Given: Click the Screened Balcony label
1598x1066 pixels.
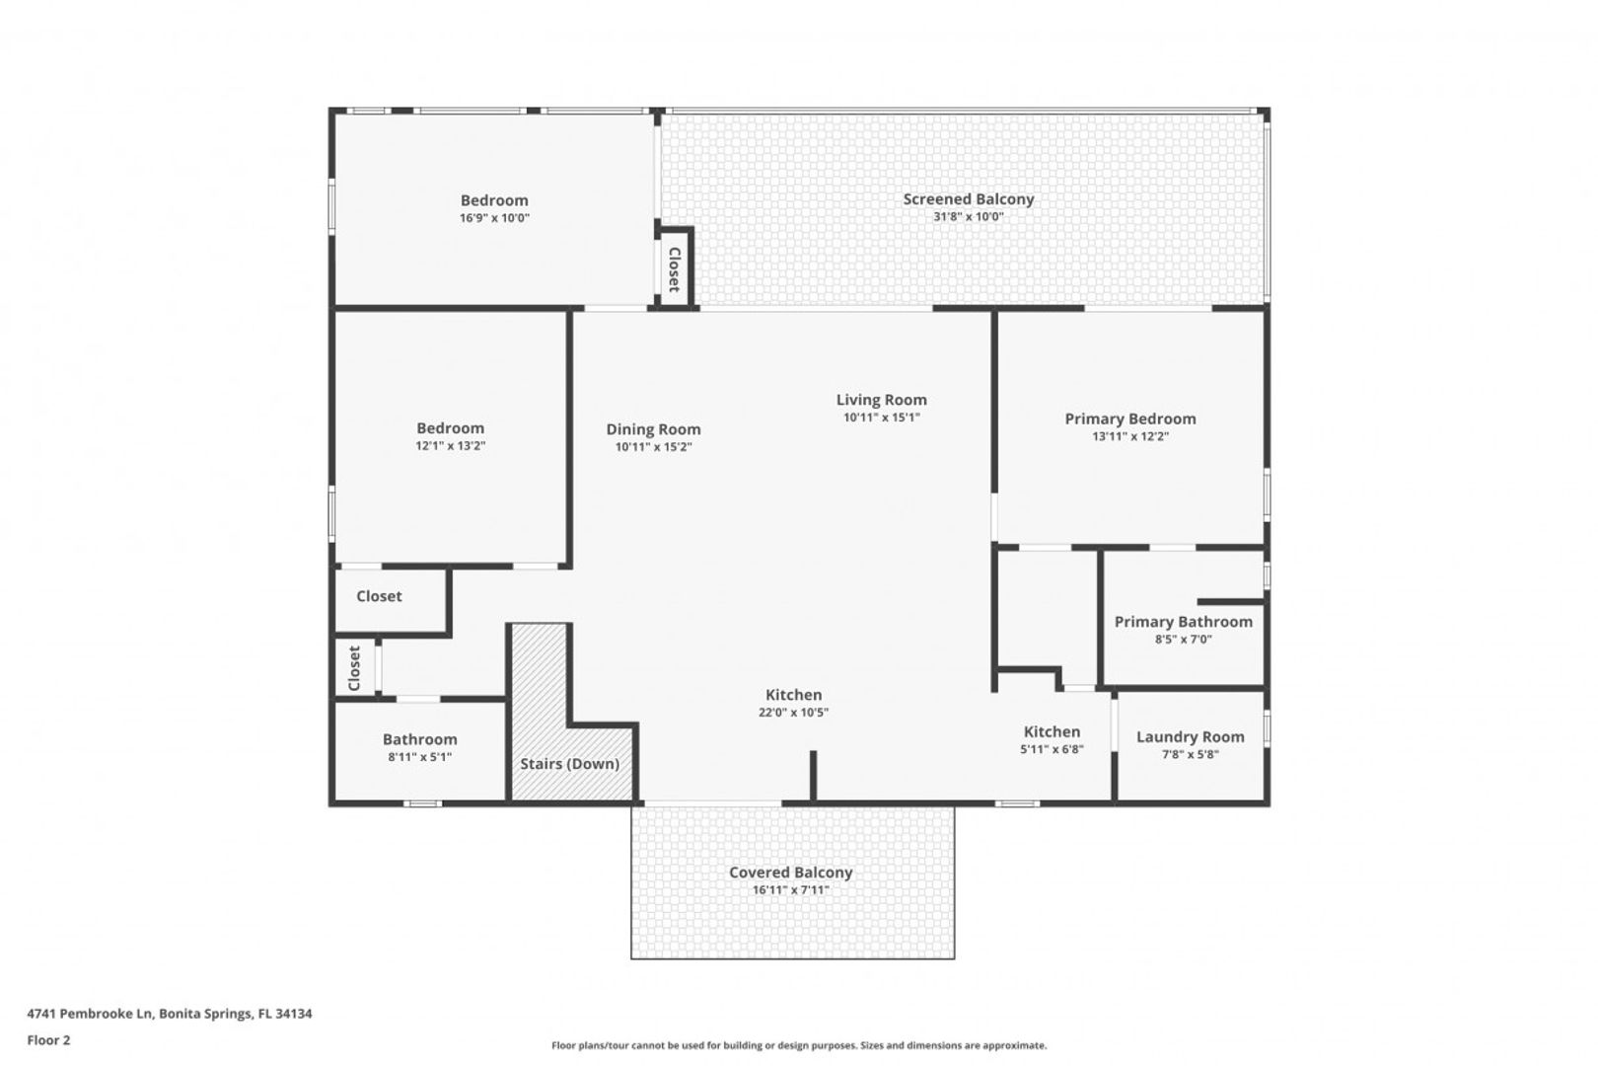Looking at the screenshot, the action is [968, 199].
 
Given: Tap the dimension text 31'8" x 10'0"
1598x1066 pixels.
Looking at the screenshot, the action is [968, 217].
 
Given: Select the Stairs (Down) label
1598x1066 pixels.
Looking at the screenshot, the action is [569, 764].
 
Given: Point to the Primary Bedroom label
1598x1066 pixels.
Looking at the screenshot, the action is [1130, 419].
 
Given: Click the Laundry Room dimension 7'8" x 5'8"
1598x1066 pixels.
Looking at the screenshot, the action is [1190, 755].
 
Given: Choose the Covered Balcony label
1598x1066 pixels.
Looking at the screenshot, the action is [790, 873].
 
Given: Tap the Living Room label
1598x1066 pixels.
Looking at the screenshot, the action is [882, 400].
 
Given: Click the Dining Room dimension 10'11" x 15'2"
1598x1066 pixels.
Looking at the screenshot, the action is [653, 448].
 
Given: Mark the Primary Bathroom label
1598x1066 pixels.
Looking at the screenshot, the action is [1184, 622].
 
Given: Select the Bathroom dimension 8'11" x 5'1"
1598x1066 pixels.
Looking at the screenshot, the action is [419, 758].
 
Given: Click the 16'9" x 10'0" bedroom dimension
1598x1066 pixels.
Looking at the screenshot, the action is [494, 218].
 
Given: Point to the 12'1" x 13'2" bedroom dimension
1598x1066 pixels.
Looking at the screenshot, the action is [450, 446].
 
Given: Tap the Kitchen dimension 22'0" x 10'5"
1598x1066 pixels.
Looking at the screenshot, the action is [793, 713].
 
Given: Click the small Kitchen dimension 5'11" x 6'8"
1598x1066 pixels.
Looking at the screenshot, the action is [1052, 750].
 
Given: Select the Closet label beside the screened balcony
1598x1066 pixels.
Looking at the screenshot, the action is [674, 269].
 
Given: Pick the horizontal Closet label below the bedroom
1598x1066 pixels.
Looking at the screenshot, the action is [379, 596].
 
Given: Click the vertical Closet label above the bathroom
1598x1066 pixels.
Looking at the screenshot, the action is [354, 668].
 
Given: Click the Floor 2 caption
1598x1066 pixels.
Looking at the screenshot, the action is [48, 1040].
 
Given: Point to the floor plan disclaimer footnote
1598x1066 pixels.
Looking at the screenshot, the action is [799, 1045].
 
